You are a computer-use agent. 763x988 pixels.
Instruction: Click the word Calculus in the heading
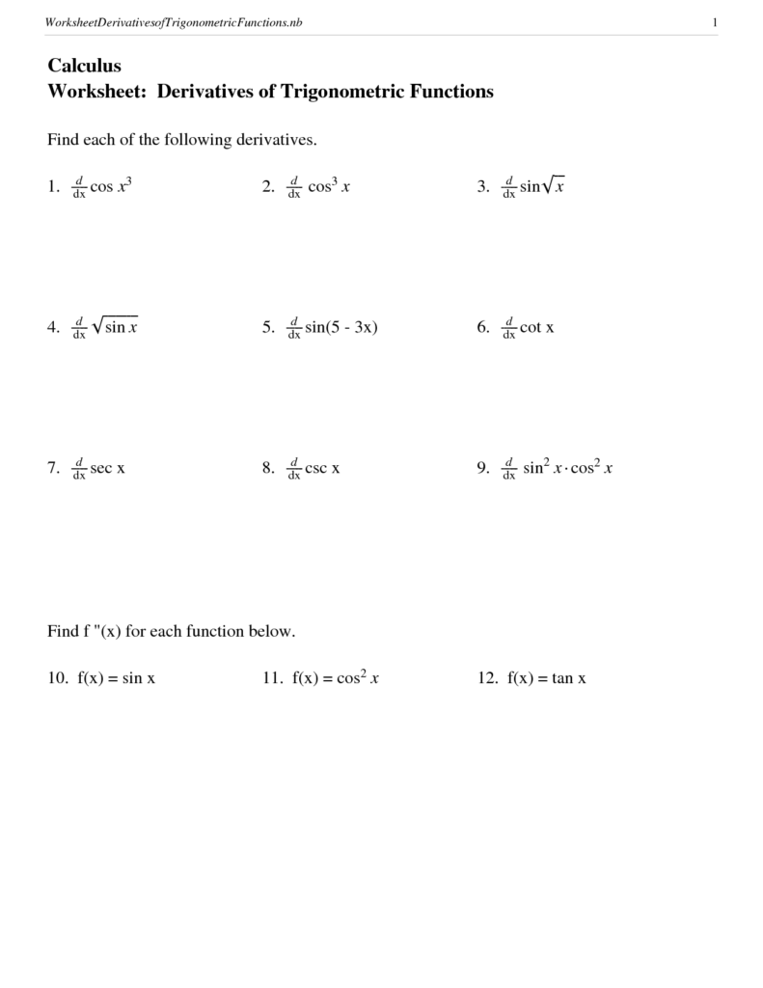click(x=84, y=66)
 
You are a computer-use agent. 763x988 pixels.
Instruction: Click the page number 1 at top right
click(x=714, y=22)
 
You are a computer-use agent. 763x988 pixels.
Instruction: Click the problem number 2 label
click(x=268, y=187)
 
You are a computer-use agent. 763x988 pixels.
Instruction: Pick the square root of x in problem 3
click(x=552, y=186)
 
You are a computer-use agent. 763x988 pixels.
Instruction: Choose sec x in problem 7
click(x=108, y=469)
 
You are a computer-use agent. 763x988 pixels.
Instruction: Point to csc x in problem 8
click(x=322, y=469)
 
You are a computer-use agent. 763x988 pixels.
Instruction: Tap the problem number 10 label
click(x=57, y=678)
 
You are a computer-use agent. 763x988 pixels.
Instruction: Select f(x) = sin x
click(x=116, y=678)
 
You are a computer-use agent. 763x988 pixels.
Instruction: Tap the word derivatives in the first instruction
click(x=274, y=140)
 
